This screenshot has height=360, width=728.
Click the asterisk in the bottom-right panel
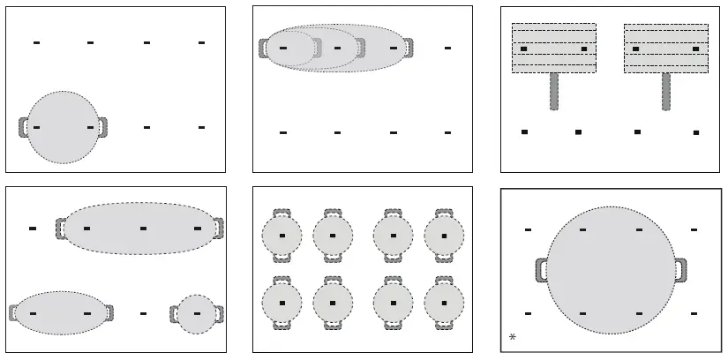click(513, 337)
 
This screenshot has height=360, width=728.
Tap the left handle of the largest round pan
click(540, 270)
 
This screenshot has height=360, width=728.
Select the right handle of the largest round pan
click(680, 270)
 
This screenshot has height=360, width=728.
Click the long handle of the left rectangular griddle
click(554, 92)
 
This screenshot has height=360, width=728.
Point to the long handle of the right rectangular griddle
click(666, 92)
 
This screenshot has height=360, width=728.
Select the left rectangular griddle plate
click(553, 49)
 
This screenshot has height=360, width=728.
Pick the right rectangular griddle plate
click(666, 49)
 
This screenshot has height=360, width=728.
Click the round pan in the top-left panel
click(63, 127)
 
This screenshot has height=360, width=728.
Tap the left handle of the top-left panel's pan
click(23, 127)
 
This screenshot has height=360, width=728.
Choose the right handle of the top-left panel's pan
click(102, 127)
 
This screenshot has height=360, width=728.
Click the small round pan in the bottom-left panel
click(196, 314)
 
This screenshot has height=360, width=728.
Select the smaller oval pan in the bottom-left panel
click(61, 313)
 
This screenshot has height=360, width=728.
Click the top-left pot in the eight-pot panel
click(282, 236)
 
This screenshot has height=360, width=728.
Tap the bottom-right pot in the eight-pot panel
click(444, 303)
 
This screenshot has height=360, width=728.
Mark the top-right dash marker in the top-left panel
click(201, 42)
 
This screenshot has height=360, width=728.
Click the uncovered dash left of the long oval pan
click(33, 229)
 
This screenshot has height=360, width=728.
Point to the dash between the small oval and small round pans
click(143, 313)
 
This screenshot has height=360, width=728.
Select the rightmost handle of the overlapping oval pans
click(408, 48)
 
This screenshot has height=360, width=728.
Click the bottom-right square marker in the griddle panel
click(696, 132)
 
